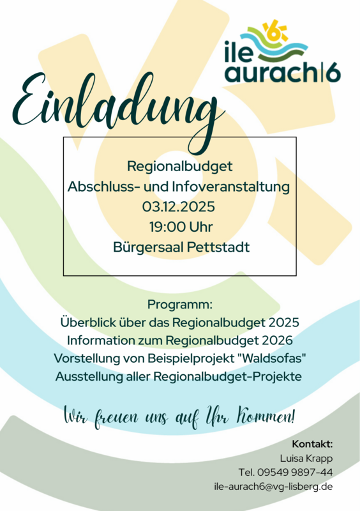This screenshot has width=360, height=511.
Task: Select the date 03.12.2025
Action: (x=179, y=207)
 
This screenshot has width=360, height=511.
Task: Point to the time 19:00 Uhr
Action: (x=181, y=227)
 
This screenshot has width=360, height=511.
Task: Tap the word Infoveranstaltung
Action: (x=232, y=187)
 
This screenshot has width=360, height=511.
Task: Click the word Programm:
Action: (x=179, y=303)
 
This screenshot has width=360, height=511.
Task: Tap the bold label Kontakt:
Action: (x=312, y=443)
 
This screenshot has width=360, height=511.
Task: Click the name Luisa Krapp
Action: (x=306, y=458)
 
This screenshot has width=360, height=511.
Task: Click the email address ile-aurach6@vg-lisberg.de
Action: (x=273, y=487)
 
